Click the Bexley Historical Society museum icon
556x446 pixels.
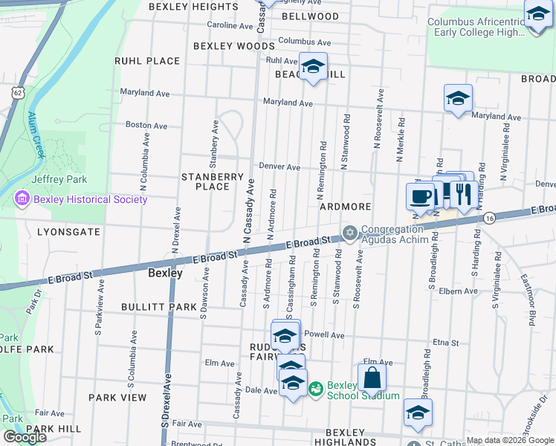(22, 199)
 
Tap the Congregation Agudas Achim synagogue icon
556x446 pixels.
(349, 233)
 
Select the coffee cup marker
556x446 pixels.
(421, 197)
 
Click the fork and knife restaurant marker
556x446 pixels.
(464, 195)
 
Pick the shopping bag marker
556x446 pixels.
(372, 378)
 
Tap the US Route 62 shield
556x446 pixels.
(18, 91)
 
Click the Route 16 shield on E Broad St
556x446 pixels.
(488, 218)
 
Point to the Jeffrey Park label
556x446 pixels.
(59, 179)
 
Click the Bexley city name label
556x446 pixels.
(165, 273)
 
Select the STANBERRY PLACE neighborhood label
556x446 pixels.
(213, 181)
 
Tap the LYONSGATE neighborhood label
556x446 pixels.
(68, 232)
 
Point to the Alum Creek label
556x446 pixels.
(36, 135)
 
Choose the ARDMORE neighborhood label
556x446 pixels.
(345, 206)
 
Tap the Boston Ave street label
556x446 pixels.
(143, 125)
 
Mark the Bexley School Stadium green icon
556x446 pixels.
(315, 388)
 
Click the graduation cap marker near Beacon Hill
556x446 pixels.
(313, 68)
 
